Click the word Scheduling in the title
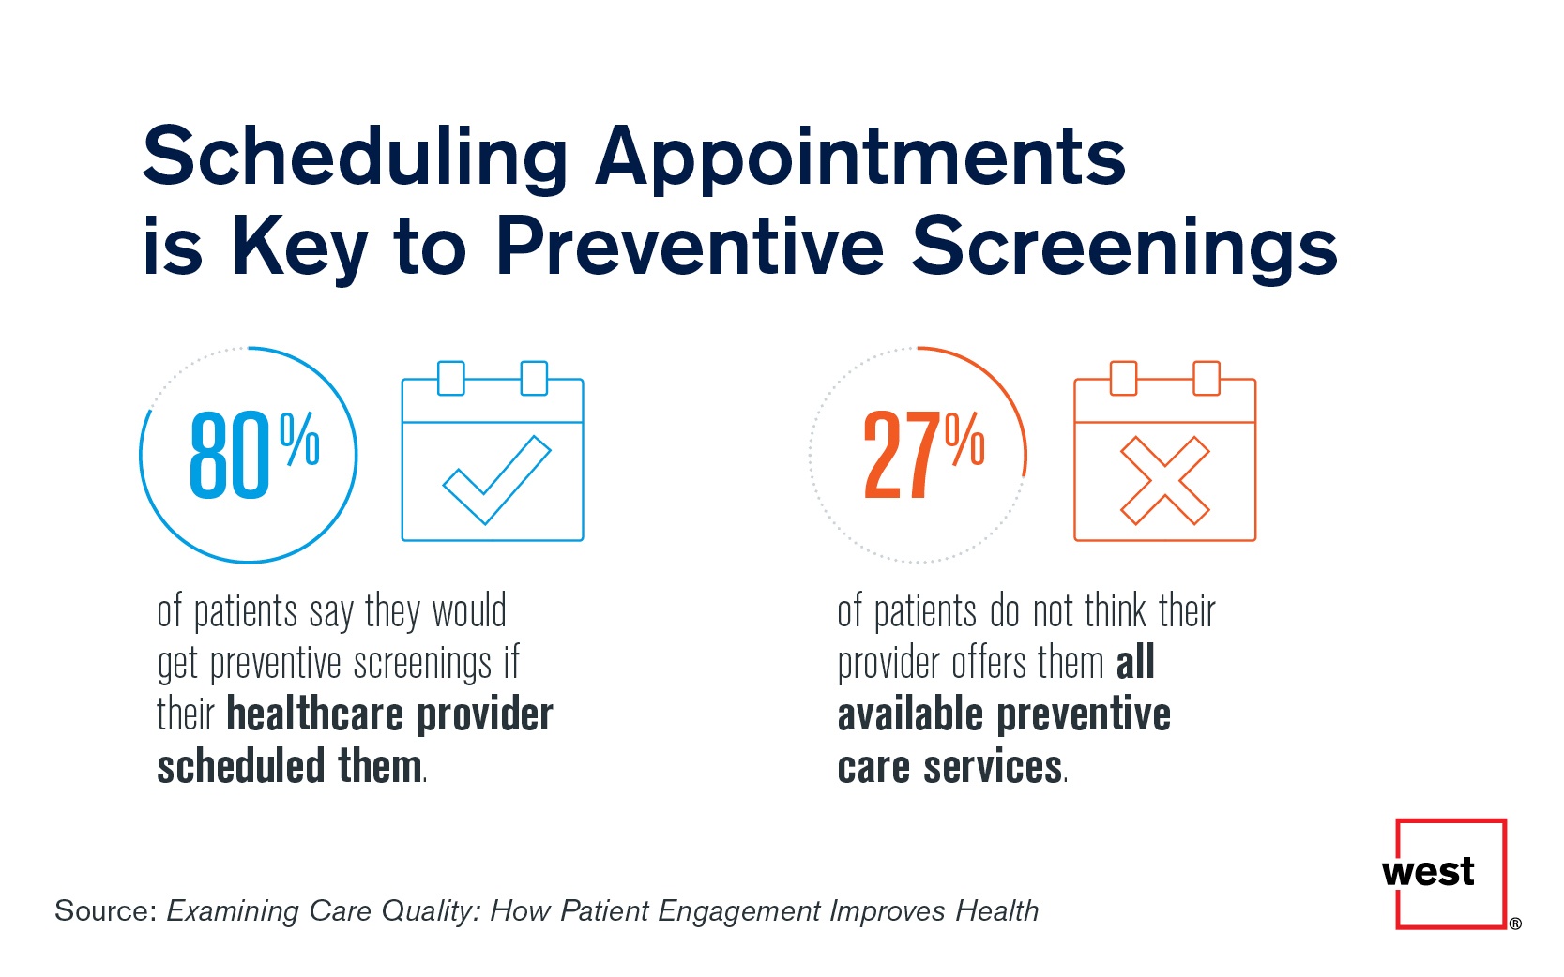click(355, 158)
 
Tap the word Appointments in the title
click(860, 158)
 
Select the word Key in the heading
click(299, 247)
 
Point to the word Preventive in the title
click(690, 247)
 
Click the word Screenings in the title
click(1125, 247)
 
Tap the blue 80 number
click(229, 456)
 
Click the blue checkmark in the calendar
click(496, 479)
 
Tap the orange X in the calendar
click(1165, 480)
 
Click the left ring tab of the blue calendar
click(451, 378)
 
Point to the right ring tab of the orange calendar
click(1207, 378)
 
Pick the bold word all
click(1135, 663)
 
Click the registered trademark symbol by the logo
click(1515, 924)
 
